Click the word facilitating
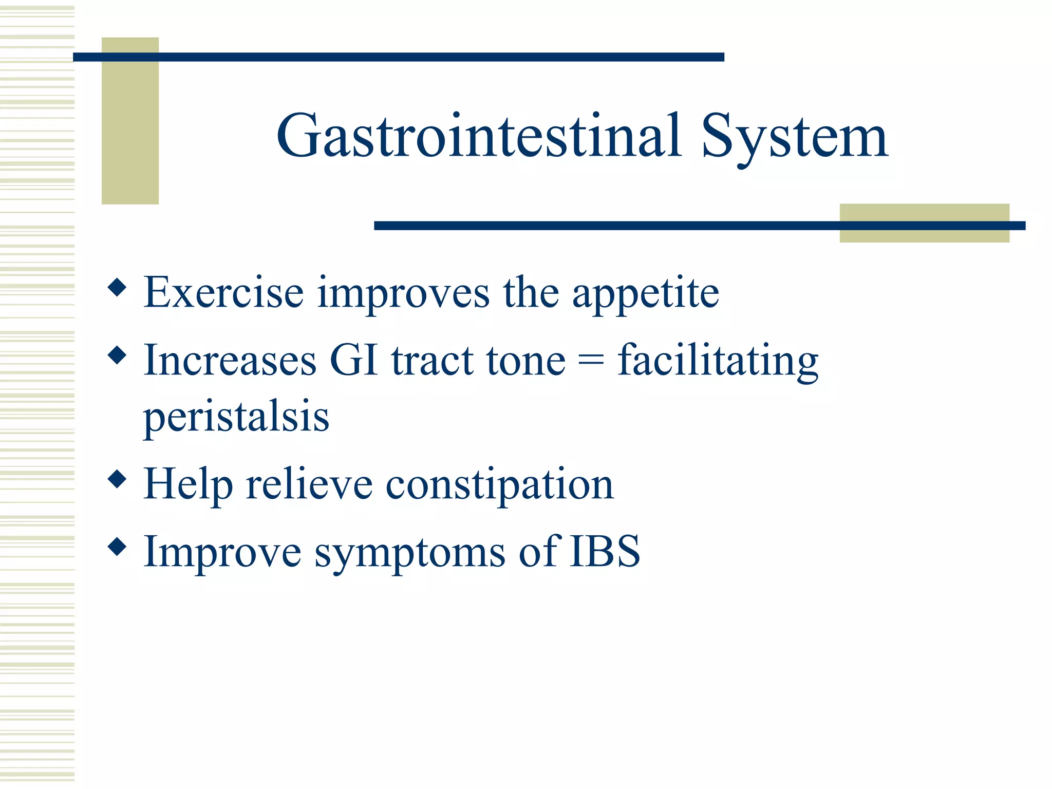pos(718,361)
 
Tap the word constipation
pos(499,485)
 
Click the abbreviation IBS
pos(605,551)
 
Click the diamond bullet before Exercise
pos(118,288)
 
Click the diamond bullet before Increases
pos(118,355)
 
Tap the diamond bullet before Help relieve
pos(118,479)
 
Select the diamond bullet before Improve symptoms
pos(118,547)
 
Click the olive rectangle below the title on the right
pos(924,234)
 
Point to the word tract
pos(432,361)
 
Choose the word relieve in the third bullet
pos(309,484)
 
